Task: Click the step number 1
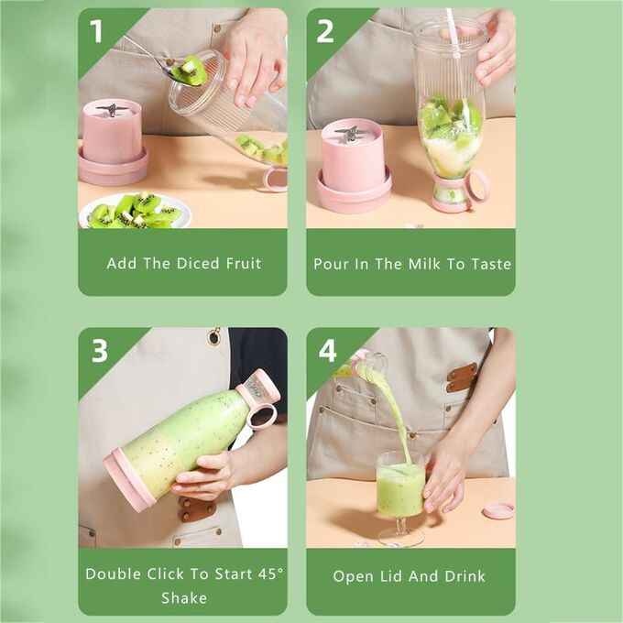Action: click(x=97, y=31)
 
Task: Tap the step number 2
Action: click(x=325, y=31)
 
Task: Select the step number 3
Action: click(x=99, y=351)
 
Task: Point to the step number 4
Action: click(x=327, y=351)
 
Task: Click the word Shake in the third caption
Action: click(x=183, y=598)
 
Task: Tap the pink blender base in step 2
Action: click(x=354, y=165)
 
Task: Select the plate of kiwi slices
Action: click(x=135, y=213)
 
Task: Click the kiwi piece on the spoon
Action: click(x=191, y=71)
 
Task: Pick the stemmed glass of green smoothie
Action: click(x=400, y=490)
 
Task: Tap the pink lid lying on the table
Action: click(x=498, y=509)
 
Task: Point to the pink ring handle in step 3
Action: click(x=264, y=416)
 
